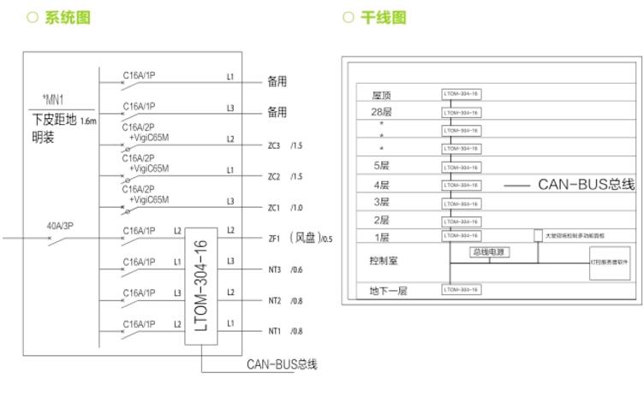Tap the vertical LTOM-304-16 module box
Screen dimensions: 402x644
click(202, 286)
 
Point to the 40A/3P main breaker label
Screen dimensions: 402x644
click(61, 226)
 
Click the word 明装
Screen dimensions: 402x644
click(44, 136)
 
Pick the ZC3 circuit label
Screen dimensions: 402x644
click(275, 145)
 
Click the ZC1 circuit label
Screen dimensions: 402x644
click(275, 208)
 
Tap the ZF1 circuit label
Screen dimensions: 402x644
click(275, 239)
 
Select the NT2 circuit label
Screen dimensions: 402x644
click(275, 300)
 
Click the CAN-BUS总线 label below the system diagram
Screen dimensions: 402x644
click(282, 364)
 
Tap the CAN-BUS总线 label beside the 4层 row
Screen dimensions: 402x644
click(586, 185)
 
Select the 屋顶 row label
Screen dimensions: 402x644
click(381, 94)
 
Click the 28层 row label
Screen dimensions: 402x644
click(381, 111)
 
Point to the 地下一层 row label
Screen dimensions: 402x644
click(388, 291)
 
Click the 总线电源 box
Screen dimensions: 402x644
click(490, 252)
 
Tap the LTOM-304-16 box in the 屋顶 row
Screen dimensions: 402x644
click(461, 94)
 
